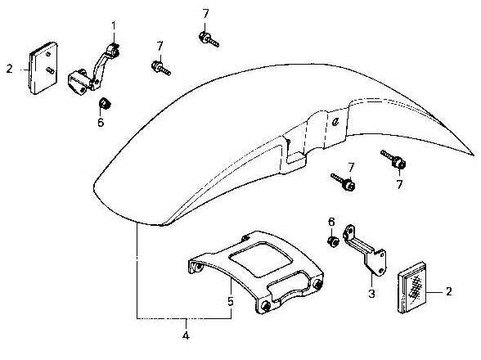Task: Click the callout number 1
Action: [114, 26]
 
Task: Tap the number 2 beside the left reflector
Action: [10, 69]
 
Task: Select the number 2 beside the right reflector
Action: [449, 291]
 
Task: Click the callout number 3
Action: [371, 294]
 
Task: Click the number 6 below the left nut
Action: [101, 123]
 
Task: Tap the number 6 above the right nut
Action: [331, 222]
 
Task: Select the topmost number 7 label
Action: [205, 13]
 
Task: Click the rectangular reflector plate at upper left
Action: [43, 68]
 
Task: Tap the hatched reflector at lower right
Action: [412, 287]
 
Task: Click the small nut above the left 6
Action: [105, 103]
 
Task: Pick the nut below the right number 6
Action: [333, 241]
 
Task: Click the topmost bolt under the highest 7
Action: [209, 39]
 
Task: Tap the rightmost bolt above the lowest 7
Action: [393, 159]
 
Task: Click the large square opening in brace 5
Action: [260, 259]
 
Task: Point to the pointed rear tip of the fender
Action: [474, 155]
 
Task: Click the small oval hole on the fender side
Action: [336, 122]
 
